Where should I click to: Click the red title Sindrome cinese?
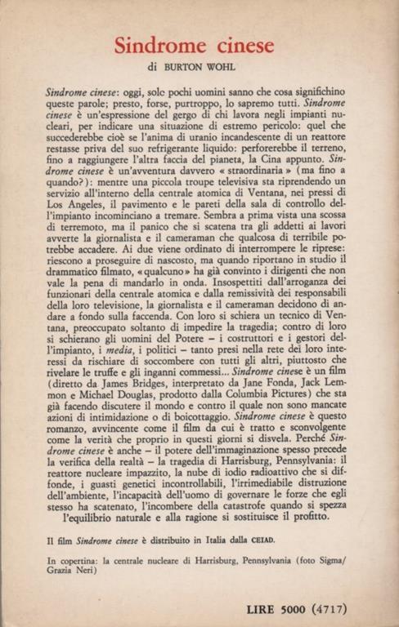click(199, 46)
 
